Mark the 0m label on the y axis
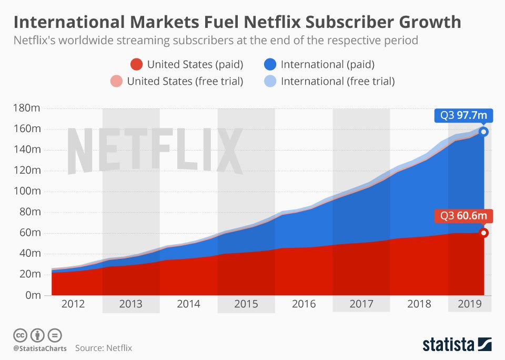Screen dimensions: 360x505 click(x=33, y=295)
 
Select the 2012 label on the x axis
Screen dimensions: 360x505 click(x=73, y=304)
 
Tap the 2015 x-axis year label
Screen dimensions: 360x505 click(x=246, y=304)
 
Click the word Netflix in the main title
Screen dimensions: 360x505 click(x=247, y=23)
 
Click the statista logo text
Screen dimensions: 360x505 click(x=448, y=345)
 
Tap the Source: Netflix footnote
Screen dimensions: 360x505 click(x=103, y=348)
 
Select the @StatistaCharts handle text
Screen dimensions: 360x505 click(x=38, y=348)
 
